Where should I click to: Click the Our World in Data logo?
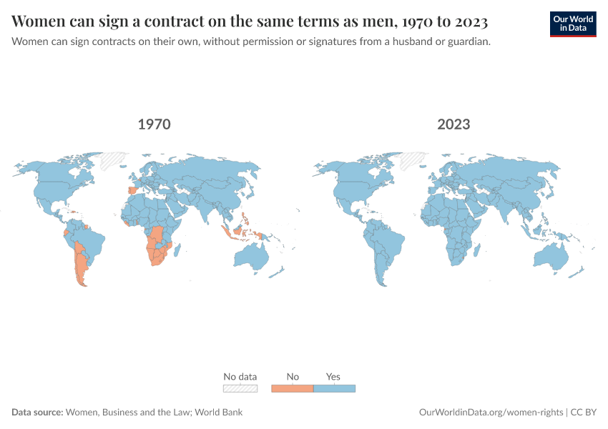572,24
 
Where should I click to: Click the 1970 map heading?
154,124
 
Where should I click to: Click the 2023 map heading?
453,124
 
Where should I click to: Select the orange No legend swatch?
293,388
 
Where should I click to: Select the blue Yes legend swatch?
334,388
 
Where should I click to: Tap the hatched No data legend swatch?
240,388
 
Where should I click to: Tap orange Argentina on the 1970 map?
82,265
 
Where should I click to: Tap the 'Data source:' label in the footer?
37,413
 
